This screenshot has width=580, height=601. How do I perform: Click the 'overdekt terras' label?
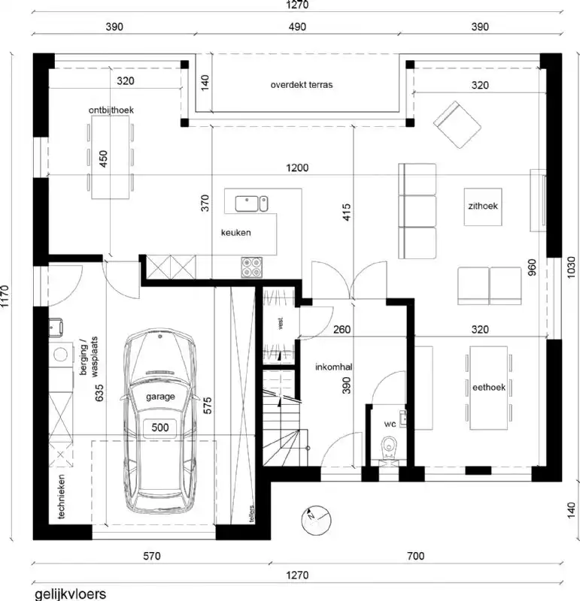[x=301, y=85]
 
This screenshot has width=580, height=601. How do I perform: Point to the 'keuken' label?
[x=235, y=233]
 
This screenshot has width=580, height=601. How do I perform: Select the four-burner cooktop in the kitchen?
[x=251, y=265]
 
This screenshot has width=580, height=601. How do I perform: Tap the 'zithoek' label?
[x=485, y=205]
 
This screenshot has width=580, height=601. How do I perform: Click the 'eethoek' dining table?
[x=488, y=387]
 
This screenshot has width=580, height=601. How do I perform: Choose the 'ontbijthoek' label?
[x=111, y=110]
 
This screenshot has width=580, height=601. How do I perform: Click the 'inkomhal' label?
[x=335, y=367]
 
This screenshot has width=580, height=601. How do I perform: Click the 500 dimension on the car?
[x=160, y=427]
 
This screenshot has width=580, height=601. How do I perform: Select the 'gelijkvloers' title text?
[x=70, y=593]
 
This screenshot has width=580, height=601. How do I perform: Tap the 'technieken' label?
[x=61, y=496]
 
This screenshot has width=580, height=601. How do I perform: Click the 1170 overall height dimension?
[x=7, y=295]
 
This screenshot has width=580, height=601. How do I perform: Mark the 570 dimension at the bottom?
[x=151, y=557]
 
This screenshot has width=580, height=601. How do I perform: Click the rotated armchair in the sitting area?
[x=456, y=123]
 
